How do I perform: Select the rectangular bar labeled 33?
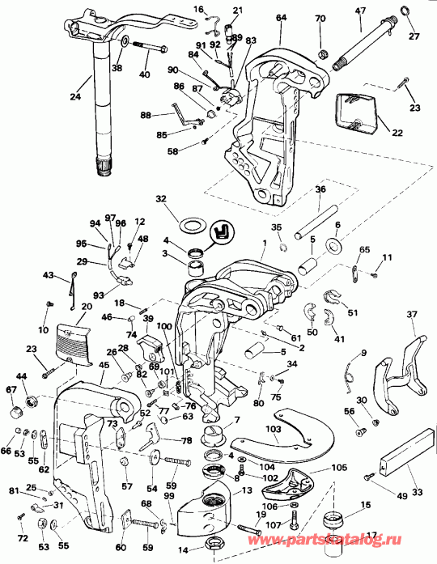pos(402,465)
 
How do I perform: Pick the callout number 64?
pos(281,17)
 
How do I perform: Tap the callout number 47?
pos(361,11)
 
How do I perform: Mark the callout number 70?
pos(320,18)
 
